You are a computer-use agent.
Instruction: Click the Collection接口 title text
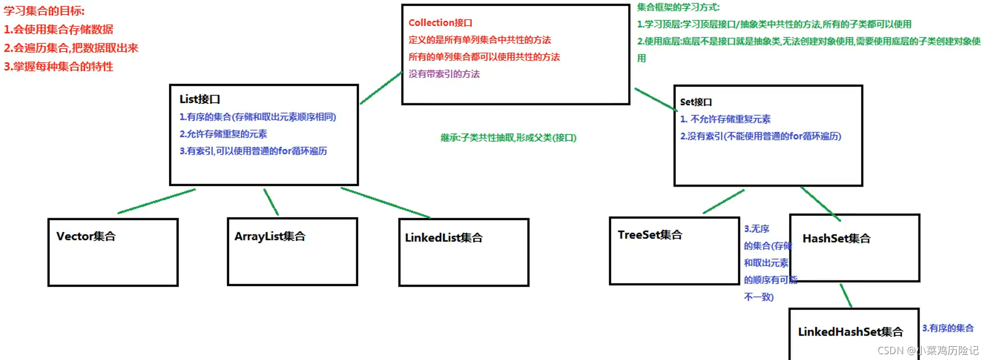[x=440, y=23]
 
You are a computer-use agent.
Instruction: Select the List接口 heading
[x=200, y=99]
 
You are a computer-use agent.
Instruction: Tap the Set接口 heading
[x=696, y=102]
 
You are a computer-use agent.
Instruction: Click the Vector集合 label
[x=86, y=236]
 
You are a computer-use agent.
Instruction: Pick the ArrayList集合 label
[x=270, y=236]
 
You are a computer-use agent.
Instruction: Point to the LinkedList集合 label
[x=444, y=238]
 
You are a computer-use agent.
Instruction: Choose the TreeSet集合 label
[x=650, y=235]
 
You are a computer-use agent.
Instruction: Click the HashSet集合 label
[x=836, y=239]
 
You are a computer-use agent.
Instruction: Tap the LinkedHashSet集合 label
[x=850, y=332]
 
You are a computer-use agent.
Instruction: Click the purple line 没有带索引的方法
[x=444, y=74]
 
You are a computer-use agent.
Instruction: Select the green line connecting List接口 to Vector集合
[x=157, y=201]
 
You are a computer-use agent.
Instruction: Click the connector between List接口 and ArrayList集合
[x=271, y=202]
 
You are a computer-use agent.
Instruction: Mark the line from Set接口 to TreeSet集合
[x=724, y=202]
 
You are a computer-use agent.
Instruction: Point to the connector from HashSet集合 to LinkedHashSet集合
[x=846, y=296]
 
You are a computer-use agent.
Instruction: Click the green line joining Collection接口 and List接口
[x=381, y=89]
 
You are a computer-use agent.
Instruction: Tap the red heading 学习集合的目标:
[x=44, y=11]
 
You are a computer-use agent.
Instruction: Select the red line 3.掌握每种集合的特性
[x=58, y=67]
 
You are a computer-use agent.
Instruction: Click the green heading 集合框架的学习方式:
[x=678, y=7]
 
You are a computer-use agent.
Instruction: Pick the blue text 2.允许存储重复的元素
[x=223, y=134]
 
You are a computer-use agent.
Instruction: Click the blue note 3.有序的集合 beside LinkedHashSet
[x=947, y=328]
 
